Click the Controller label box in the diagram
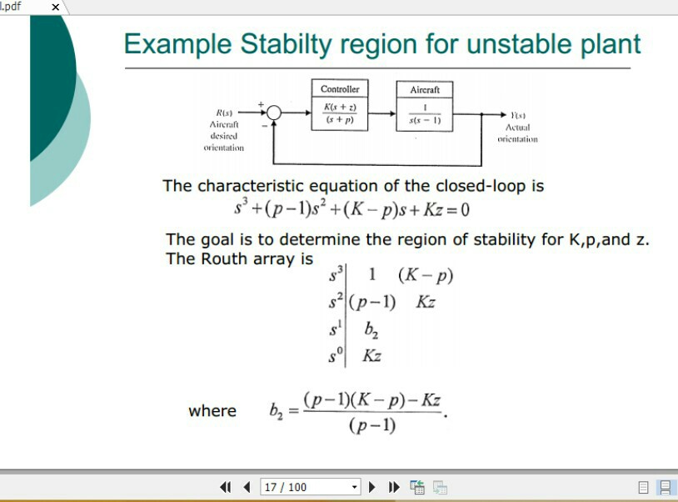pyautogui.click(x=340, y=89)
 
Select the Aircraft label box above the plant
pyautogui.click(x=425, y=89)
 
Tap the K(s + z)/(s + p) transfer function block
pyautogui.click(x=340, y=113)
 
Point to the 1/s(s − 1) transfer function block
pyautogui.click(x=425, y=114)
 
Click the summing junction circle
pyautogui.click(x=274, y=113)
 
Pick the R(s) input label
pyautogui.click(x=224, y=113)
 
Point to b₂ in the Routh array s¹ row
pyautogui.click(x=371, y=329)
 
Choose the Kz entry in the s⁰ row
pyautogui.click(x=371, y=356)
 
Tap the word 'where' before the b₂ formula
pyautogui.click(x=212, y=411)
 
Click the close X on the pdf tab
pyautogui.click(x=56, y=7)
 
